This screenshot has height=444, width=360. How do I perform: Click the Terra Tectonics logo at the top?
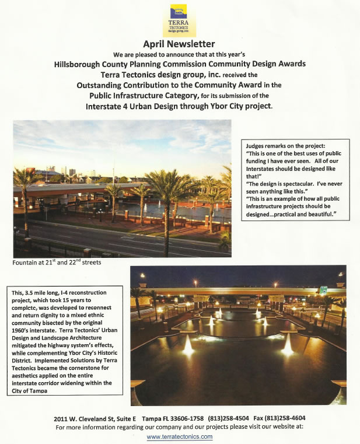coord(179,20)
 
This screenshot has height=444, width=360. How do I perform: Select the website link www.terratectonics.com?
coord(180,436)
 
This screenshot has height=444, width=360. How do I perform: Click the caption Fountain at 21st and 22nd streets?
coord(57,263)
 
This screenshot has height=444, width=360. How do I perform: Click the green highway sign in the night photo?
coord(322,290)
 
